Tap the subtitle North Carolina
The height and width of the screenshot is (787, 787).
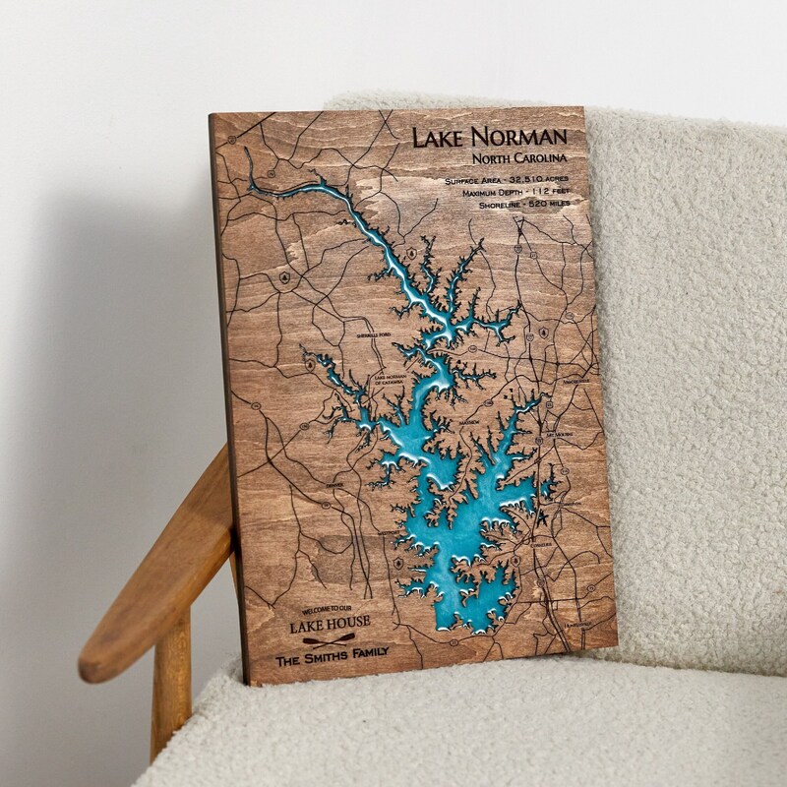(x=517, y=158)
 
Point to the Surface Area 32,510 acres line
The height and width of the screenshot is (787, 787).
(x=506, y=182)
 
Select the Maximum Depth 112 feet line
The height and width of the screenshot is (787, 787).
(x=515, y=193)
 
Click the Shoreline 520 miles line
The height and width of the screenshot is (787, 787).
(x=523, y=204)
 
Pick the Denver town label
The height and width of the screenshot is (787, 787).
(x=334, y=484)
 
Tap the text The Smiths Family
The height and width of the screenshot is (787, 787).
(x=333, y=652)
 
